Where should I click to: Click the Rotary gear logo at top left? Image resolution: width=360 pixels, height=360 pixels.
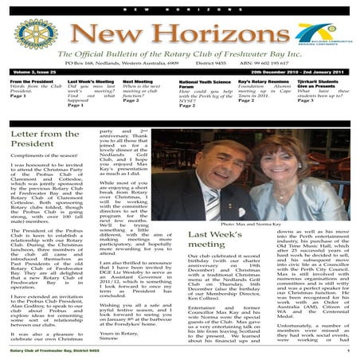[24, 39]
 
